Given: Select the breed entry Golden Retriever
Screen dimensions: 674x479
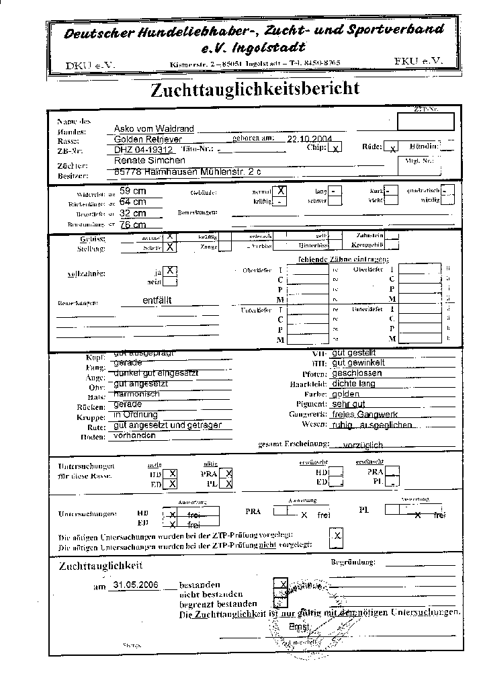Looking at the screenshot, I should [x=143, y=139].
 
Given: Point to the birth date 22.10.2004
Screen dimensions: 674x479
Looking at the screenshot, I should [x=306, y=139].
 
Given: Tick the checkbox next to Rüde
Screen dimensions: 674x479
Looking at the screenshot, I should [x=393, y=147].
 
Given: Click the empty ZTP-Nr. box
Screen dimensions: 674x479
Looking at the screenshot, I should [x=425, y=122].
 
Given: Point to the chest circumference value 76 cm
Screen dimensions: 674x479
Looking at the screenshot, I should [x=132, y=224].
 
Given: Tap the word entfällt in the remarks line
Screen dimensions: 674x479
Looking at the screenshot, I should [x=157, y=300].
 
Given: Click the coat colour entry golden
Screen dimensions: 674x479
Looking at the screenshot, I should [x=345, y=394].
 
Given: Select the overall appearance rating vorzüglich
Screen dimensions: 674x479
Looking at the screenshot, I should [x=363, y=445].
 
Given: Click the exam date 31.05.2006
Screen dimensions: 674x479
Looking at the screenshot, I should [x=136, y=585].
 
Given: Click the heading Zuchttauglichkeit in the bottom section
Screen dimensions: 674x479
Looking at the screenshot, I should [x=101, y=566].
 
